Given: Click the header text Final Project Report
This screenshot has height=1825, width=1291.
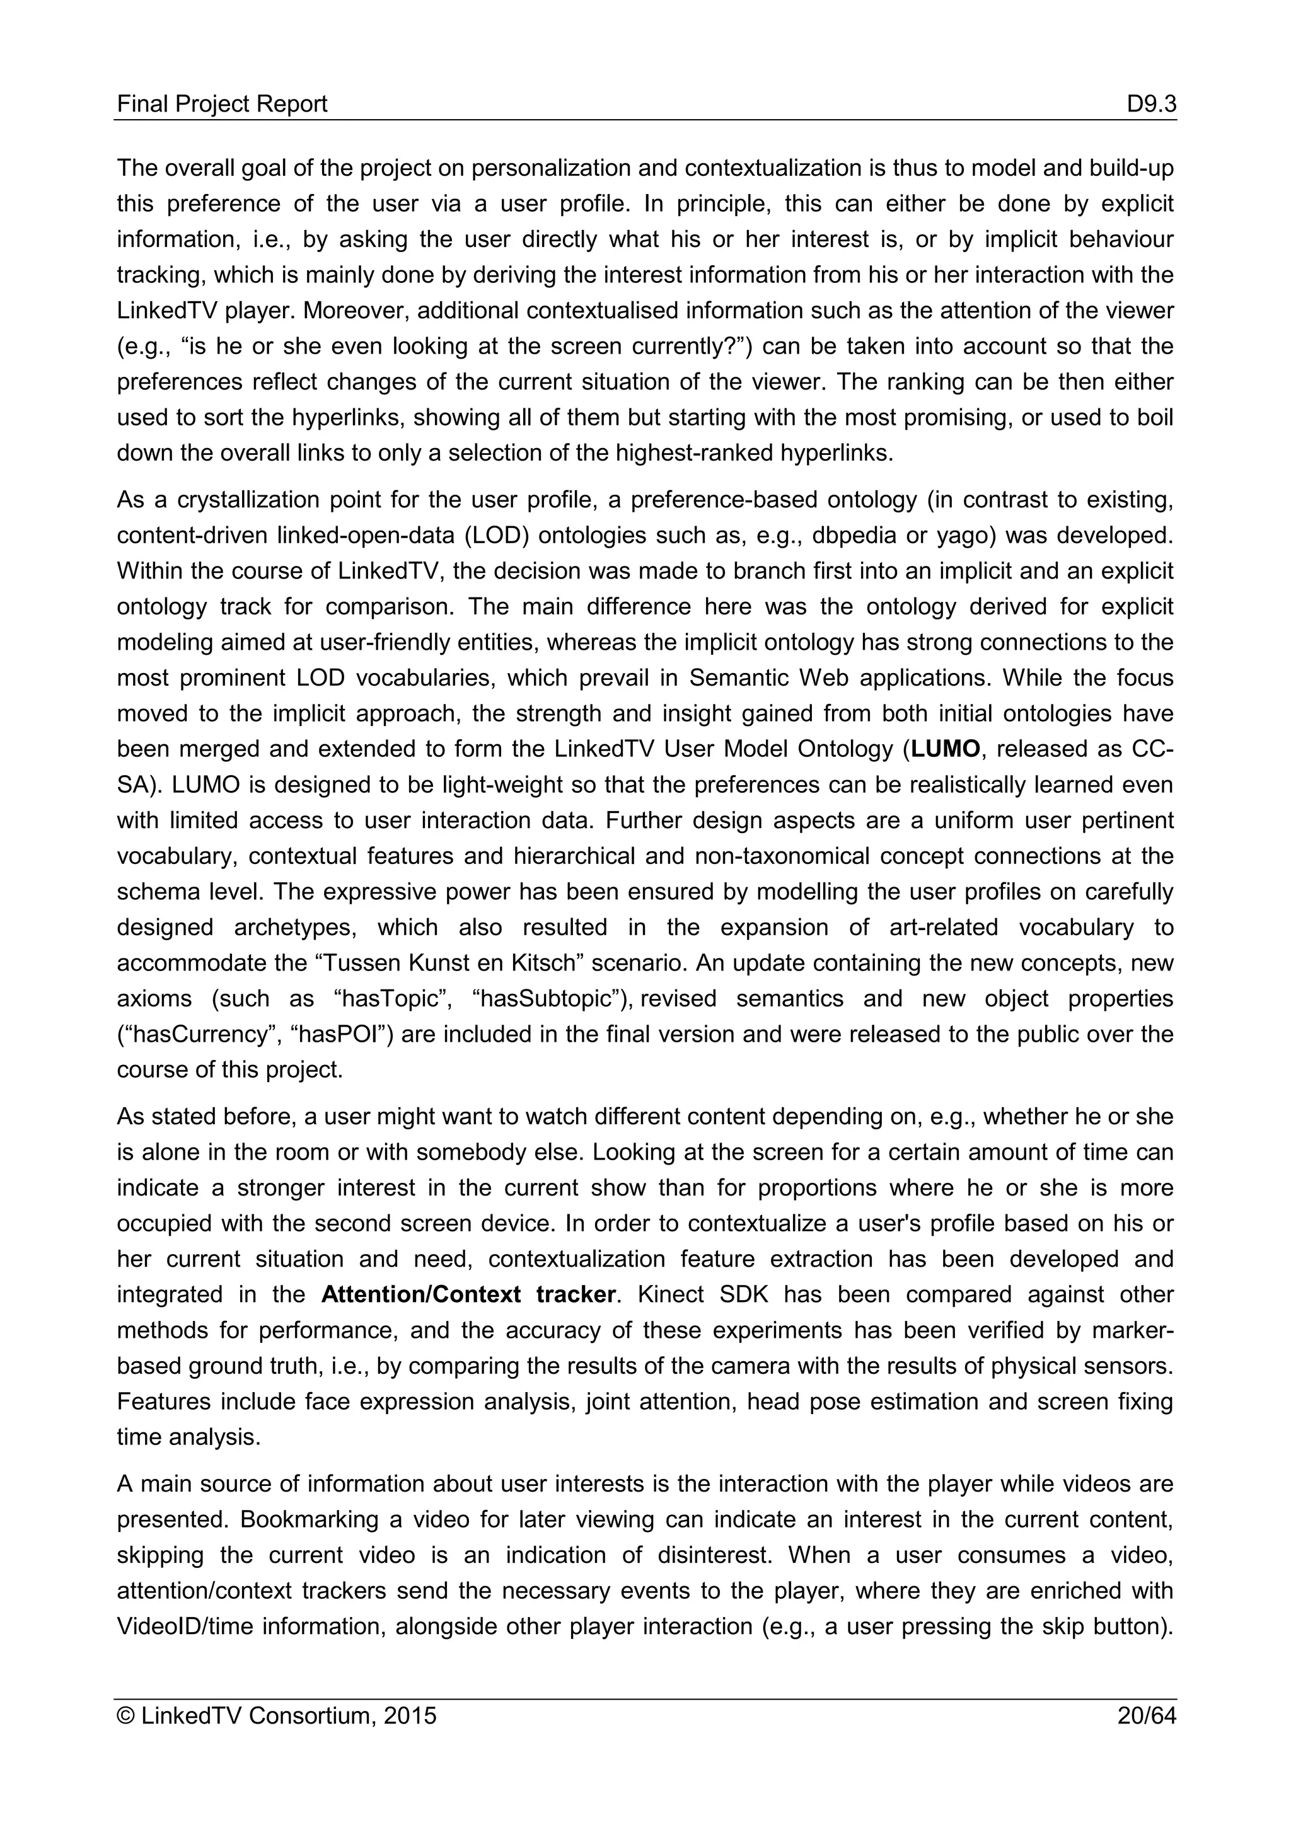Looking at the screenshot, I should [x=222, y=104].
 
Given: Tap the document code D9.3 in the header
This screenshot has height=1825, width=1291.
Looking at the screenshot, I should [x=1150, y=104].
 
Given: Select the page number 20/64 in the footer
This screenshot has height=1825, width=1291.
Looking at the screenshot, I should [x=1145, y=1715].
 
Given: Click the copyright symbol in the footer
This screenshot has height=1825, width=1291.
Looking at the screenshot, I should [x=125, y=1715].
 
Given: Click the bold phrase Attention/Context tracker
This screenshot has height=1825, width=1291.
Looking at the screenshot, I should [x=468, y=1294].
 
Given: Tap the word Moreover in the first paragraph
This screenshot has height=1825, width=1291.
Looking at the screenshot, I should [x=350, y=310].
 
